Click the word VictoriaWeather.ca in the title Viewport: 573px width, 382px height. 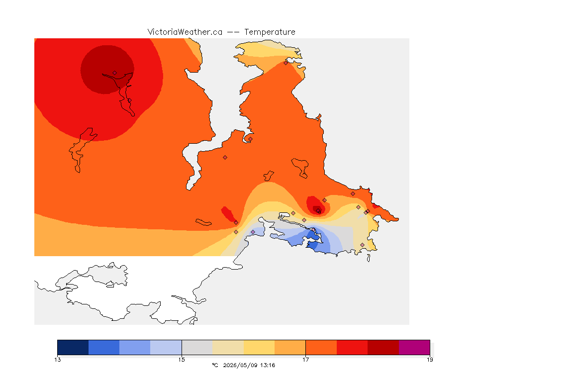click(185, 32)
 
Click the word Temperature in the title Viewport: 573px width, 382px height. click(270, 32)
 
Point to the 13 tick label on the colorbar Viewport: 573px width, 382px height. click(58, 360)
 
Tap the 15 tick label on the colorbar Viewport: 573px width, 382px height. click(182, 360)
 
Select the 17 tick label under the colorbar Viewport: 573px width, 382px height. click(305, 360)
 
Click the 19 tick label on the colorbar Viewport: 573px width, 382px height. click(430, 360)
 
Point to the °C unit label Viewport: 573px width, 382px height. click(215, 365)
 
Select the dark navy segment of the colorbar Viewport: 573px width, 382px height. click(73, 347)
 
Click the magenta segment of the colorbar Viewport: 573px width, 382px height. click(414, 347)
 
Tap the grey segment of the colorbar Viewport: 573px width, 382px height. click(197, 347)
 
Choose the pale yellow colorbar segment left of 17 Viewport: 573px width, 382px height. click(259, 347)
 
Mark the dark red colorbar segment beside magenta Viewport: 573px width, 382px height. click(383, 347)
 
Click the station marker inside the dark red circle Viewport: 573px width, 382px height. click(115, 73)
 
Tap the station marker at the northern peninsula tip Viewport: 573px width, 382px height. click(286, 63)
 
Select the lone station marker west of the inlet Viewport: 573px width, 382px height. click(225, 158)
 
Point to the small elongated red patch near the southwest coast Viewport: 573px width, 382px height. click(228, 214)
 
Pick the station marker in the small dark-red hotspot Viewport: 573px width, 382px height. click(319, 211)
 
